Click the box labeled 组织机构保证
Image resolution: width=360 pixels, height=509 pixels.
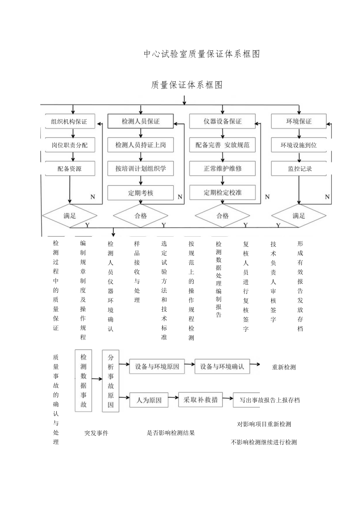69,121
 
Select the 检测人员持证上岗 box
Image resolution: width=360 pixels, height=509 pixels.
140,145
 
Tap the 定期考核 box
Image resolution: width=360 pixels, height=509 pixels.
140,192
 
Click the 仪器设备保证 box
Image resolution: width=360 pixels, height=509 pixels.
222,121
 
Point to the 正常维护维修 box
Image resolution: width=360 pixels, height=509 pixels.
222,169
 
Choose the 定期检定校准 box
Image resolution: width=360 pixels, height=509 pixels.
222,192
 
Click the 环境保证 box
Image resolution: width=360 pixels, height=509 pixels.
299,121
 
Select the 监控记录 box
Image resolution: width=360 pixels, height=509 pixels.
299,169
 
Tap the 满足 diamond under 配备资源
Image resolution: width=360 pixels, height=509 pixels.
69,215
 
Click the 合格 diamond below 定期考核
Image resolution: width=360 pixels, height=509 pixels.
140,215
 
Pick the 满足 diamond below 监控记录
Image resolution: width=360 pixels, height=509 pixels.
299,215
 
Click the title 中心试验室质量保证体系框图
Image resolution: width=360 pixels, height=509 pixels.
202,54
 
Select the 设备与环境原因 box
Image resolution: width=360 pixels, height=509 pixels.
157,367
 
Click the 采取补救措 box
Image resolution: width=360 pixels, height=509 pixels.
200,400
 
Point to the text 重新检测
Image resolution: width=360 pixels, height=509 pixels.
284,367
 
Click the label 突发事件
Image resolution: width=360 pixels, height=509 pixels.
96,433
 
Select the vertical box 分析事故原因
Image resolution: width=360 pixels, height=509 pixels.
110,381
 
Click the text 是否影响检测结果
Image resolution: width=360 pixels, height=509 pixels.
171,433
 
